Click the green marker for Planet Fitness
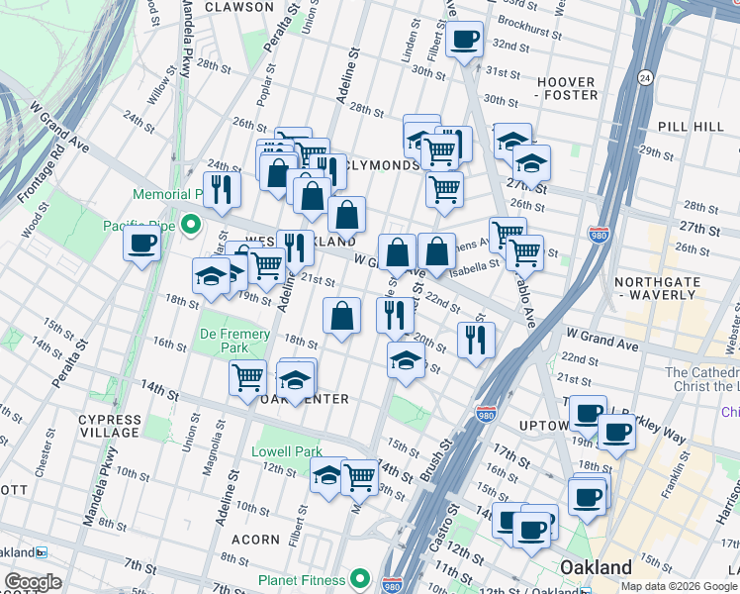click(x=360, y=580)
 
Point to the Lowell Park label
click(x=287, y=451)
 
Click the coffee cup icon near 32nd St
click(x=464, y=40)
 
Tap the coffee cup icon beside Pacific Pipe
click(x=141, y=244)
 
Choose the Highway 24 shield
click(x=643, y=77)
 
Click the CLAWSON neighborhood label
click(x=238, y=7)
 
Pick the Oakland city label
click(x=597, y=567)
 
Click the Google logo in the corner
click(x=33, y=582)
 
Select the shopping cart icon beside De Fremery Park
click(x=247, y=376)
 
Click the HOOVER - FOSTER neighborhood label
click(x=566, y=88)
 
